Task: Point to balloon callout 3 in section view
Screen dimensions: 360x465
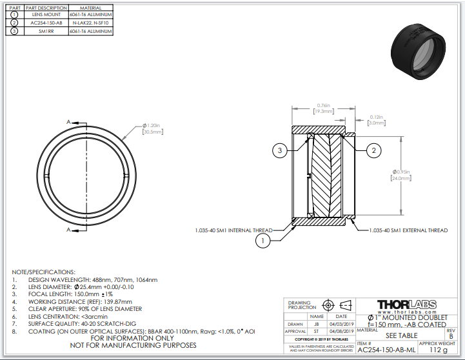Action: (280, 150)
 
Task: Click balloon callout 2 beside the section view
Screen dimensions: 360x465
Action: (372, 150)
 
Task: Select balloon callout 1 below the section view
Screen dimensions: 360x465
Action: (262, 241)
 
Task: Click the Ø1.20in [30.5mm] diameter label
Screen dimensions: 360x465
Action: (152, 128)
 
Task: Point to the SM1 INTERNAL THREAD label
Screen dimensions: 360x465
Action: (233, 230)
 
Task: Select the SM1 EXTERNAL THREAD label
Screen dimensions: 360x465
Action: (408, 230)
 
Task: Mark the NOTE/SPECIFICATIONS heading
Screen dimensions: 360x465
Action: (43, 272)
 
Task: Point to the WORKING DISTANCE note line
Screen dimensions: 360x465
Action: (79, 301)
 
